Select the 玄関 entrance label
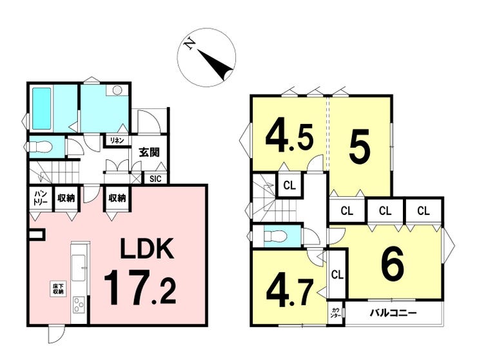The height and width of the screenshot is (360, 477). point(149,154)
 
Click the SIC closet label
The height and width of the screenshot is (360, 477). point(156,179)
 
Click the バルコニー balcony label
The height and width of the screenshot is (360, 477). point(393,314)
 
